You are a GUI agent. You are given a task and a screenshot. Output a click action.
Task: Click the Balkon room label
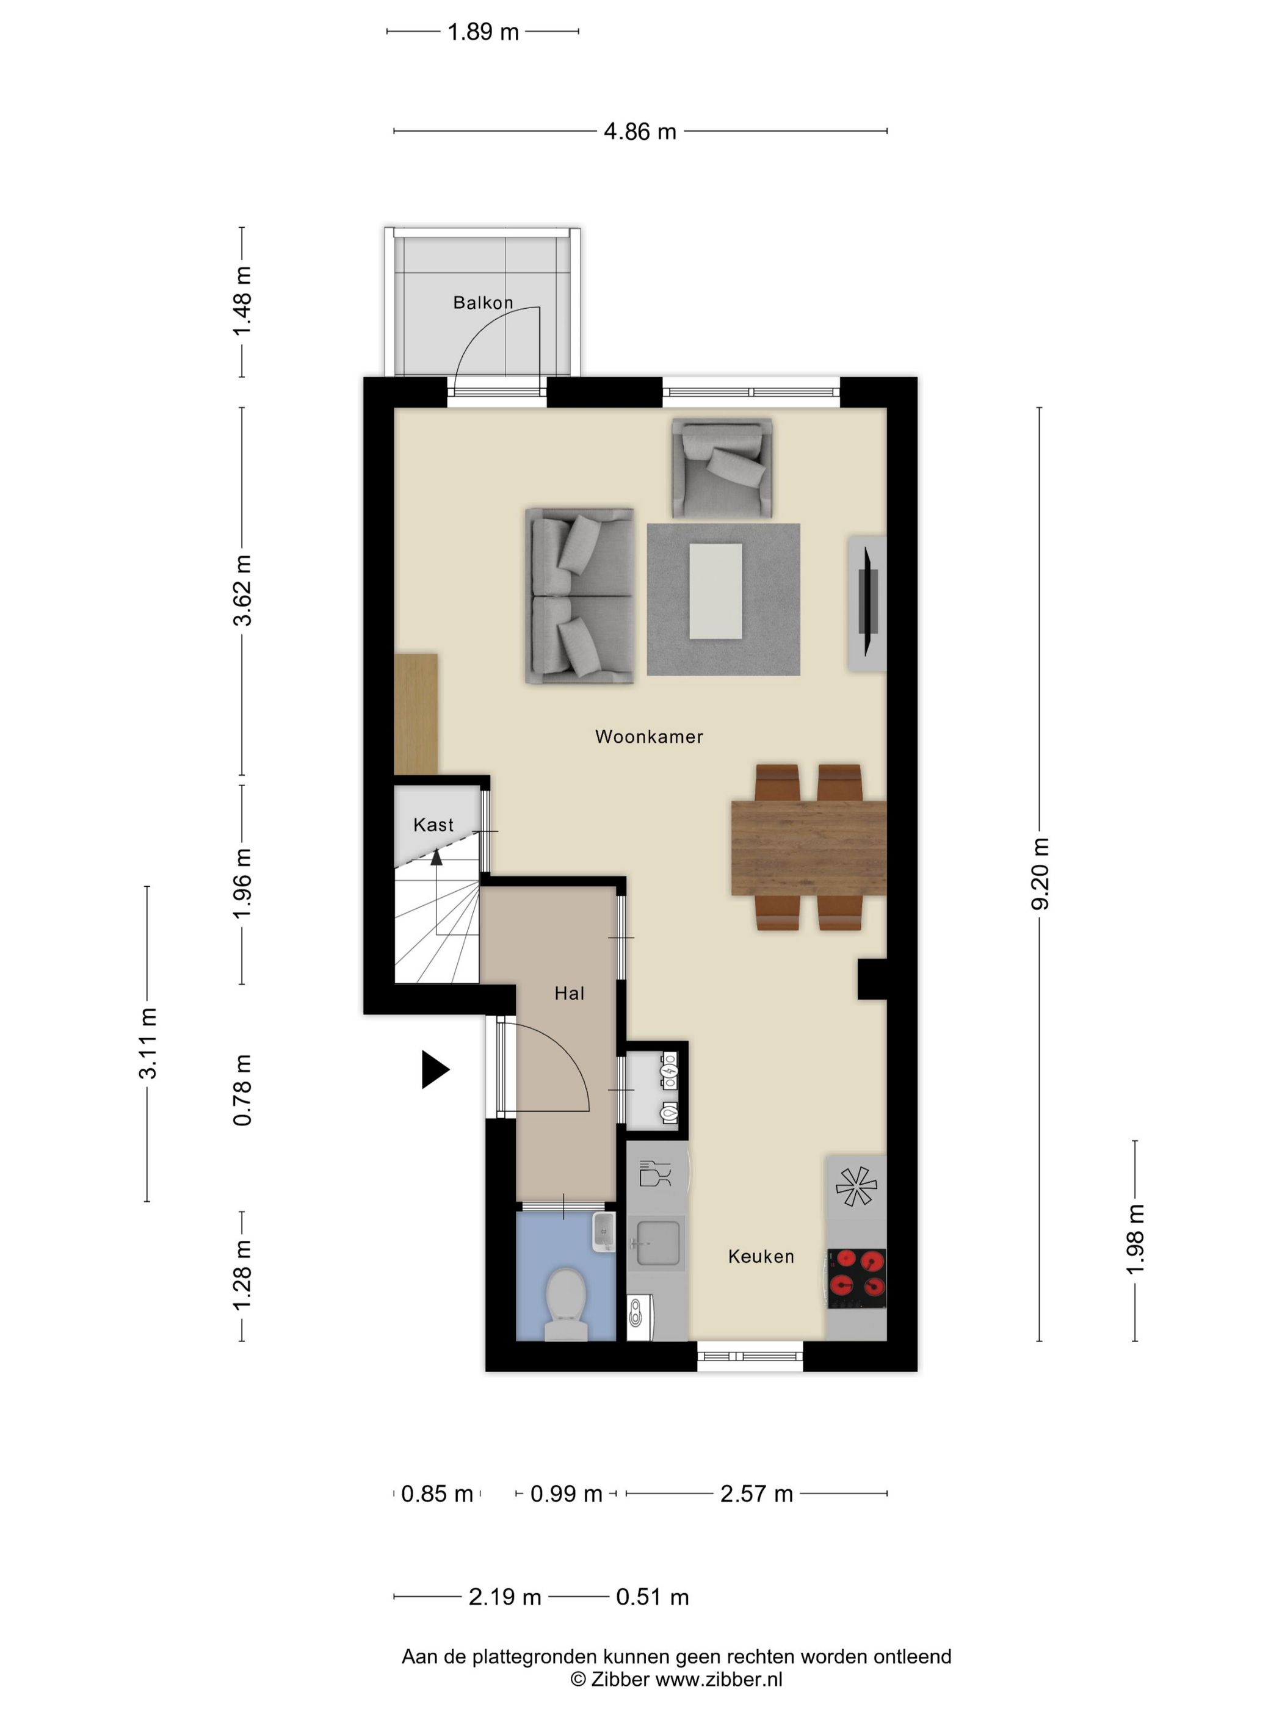point(483,302)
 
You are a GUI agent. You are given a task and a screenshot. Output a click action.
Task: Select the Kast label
point(433,825)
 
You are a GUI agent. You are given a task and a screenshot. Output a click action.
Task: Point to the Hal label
point(570,994)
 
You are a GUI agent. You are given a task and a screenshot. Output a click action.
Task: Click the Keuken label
point(761,1257)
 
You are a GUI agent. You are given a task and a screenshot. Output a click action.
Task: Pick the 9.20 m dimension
point(1040,874)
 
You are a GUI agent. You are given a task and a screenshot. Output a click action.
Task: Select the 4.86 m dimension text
point(640,131)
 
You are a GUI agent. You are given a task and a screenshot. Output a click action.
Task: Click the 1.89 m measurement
point(483,32)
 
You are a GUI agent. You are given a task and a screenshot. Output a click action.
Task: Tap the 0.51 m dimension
point(652,1597)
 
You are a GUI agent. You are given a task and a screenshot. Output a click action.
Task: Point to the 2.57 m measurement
point(756,1494)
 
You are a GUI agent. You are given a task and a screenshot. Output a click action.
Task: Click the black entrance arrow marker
point(434,1070)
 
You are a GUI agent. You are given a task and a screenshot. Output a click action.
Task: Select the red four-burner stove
point(857,1279)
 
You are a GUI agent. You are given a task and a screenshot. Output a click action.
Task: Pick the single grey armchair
point(722,468)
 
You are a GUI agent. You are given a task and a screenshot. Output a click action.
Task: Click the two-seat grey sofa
point(579,596)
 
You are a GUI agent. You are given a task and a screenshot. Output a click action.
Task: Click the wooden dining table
point(808,848)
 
